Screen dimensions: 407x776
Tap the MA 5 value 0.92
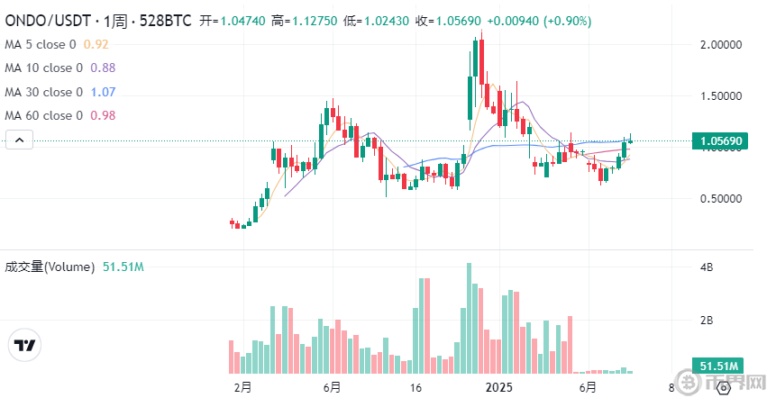96,43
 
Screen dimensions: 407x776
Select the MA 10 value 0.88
102,68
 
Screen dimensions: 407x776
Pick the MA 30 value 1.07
103,92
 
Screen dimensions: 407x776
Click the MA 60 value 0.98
103,115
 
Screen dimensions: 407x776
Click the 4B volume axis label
707,267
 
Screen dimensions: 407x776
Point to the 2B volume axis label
707,321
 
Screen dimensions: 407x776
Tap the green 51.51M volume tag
720,366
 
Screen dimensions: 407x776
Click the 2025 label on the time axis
498,387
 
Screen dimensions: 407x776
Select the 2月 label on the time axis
242,387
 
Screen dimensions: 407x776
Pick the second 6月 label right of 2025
587,387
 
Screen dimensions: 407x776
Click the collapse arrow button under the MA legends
21,140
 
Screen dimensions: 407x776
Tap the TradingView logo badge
25,345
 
